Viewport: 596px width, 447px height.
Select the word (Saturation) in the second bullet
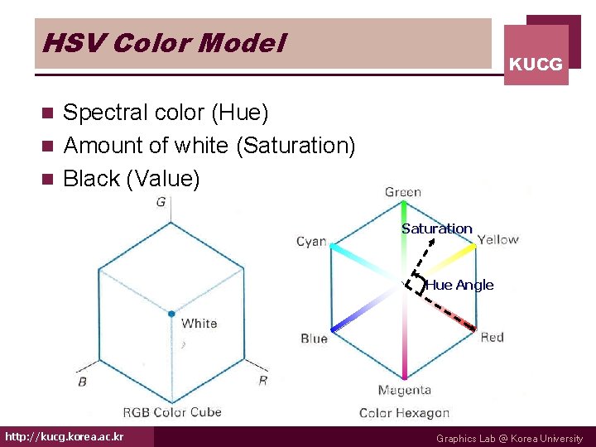click(x=296, y=146)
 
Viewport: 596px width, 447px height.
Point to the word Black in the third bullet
click(x=90, y=179)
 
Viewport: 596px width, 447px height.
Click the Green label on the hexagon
click(x=403, y=192)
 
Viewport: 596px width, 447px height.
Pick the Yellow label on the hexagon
click(x=497, y=240)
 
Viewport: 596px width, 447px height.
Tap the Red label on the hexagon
click(x=492, y=337)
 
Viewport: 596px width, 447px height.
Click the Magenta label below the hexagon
click(x=404, y=390)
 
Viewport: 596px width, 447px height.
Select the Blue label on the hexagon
click(x=314, y=338)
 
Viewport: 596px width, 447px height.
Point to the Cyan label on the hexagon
click(x=311, y=242)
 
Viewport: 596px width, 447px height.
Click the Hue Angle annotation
click(x=459, y=285)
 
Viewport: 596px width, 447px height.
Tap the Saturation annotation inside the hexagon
click(x=437, y=228)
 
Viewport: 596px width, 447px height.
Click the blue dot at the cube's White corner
click(x=171, y=314)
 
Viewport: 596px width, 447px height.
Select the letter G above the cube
click(x=161, y=203)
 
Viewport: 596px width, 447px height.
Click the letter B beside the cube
click(x=82, y=382)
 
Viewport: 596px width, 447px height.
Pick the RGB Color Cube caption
click(x=171, y=411)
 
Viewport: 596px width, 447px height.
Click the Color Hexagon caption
click(x=404, y=412)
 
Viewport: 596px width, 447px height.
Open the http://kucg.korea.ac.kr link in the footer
click(x=65, y=436)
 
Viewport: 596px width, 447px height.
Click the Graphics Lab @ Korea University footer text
click(x=509, y=439)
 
